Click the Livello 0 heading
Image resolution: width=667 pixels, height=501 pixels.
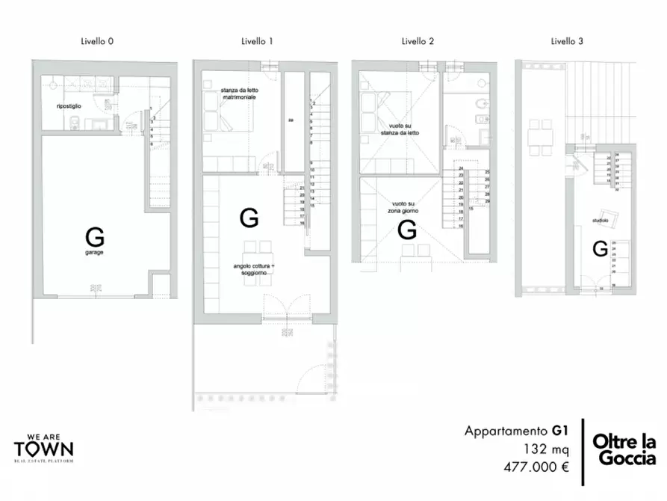tap(97, 42)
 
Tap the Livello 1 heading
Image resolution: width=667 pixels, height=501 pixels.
tap(257, 42)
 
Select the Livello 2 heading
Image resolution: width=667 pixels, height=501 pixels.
tap(418, 42)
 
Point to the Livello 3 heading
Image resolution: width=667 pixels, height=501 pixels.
tap(567, 42)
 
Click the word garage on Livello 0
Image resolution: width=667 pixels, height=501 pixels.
tap(94, 253)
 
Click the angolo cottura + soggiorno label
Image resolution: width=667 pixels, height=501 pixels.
tap(253, 270)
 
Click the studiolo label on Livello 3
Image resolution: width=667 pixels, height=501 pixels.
tap(600, 221)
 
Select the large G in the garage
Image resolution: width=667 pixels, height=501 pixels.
tap(95, 238)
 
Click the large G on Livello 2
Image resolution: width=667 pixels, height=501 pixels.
tap(407, 230)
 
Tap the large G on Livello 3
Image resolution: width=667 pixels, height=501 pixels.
tap(600, 249)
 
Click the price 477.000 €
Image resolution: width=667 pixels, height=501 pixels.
tap(534, 467)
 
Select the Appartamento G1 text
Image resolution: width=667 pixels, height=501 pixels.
tap(517, 431)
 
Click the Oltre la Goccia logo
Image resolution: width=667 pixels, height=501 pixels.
tap(624, 450)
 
